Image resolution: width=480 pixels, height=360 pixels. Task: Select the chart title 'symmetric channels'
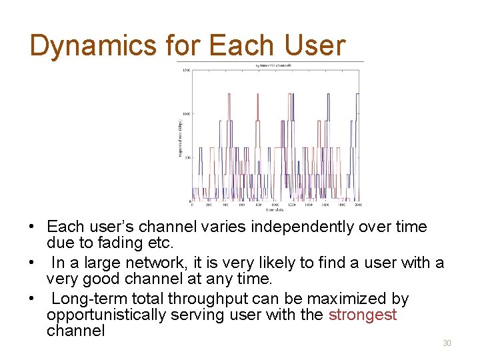click(273, 65)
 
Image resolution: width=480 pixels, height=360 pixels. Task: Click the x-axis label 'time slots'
click(273, 210)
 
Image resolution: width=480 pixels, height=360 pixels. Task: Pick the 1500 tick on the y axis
click(186, 70)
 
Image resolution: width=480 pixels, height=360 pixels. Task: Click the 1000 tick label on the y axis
click(186, 114)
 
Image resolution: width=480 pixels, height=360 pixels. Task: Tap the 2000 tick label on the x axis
click(358, 205)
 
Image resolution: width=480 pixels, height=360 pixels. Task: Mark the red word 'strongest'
click(363, 315)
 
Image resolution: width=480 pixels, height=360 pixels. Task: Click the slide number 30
click(447, 343)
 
